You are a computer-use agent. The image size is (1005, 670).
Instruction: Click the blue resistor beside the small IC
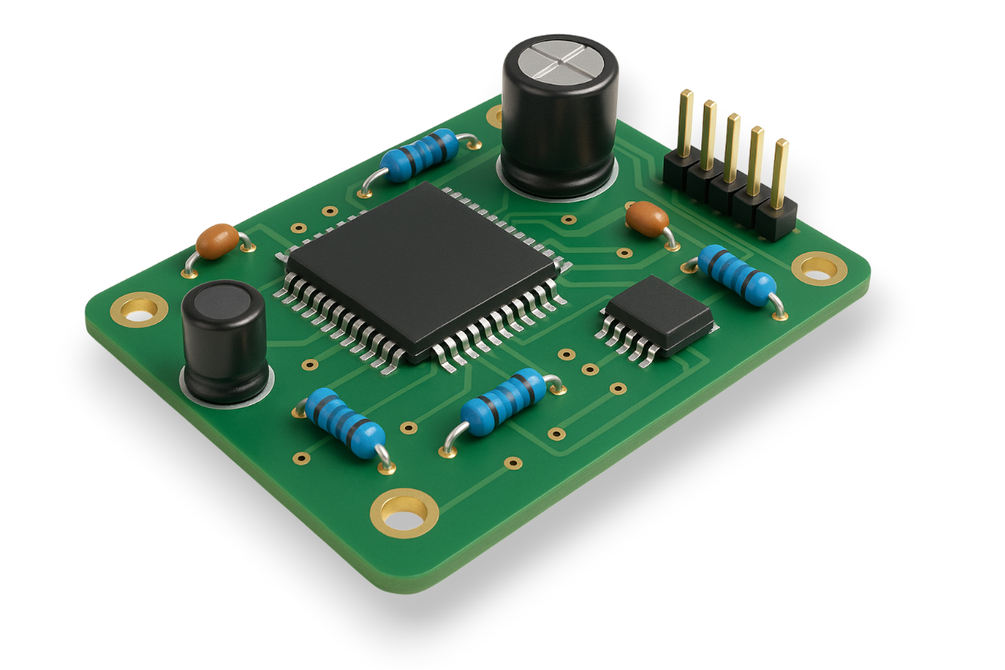coord(736,275)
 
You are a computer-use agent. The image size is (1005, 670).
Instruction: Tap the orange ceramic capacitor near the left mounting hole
coord(217,241)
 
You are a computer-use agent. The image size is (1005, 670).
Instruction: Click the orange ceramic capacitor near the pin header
coord(647,218)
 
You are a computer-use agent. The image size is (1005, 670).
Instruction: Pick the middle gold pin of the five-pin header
coord(732,148)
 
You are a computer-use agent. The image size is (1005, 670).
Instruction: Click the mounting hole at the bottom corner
coord(404,512)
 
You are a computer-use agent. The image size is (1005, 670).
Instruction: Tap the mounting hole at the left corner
coord(139,309)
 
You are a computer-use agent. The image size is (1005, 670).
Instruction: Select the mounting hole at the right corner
coord(819,268)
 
